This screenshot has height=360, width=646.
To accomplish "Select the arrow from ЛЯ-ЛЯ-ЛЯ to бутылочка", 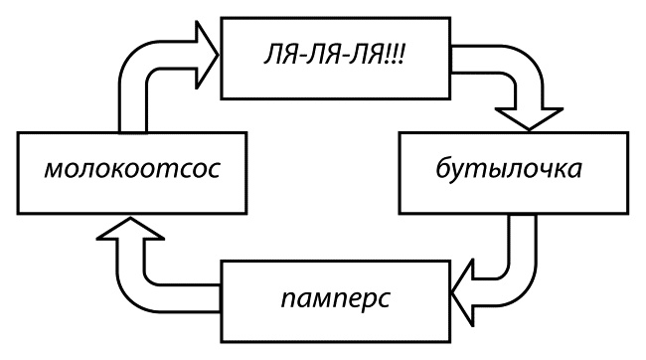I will pos(517,90).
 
